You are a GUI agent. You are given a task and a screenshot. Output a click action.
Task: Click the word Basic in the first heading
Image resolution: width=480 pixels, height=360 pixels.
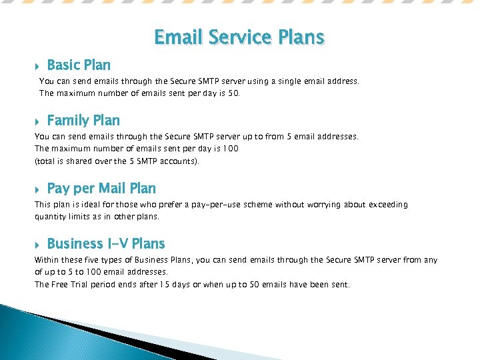click(63, 65)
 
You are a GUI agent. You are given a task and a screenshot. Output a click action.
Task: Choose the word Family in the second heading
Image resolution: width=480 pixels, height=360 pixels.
click(69, 121)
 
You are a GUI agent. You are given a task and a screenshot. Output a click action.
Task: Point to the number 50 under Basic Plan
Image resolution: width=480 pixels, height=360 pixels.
click(233, 93)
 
